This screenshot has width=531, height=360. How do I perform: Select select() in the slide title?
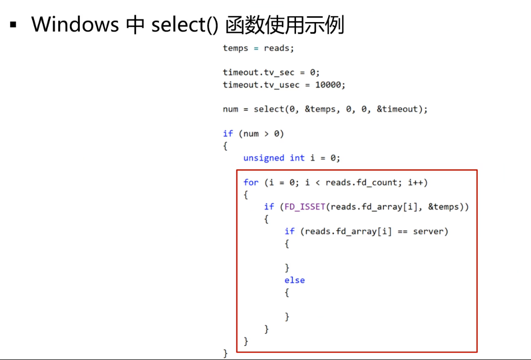[185, 25]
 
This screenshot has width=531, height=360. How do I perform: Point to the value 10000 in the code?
[328, 85]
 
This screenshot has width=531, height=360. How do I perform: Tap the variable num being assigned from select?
[230, 109]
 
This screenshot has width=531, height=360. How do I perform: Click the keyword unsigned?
[264, 158]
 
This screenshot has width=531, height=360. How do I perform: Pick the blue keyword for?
[251, 182]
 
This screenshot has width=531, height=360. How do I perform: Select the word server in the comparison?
[431, 231]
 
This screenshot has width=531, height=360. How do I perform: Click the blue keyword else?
[294, 280]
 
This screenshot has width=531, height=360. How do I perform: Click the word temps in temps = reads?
[236, 48]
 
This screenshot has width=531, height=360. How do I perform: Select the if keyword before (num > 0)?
[228, 133]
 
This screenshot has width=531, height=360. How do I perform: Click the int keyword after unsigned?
[297, 158]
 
